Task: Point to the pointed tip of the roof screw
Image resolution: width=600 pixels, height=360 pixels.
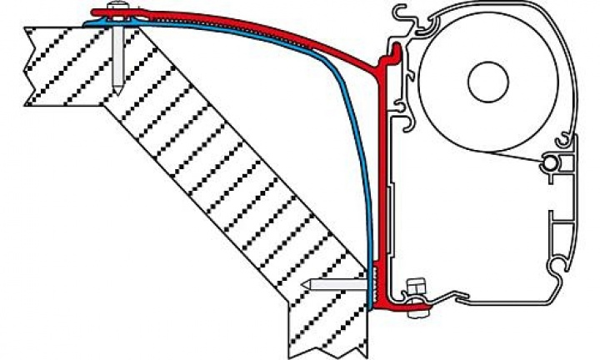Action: click(x=117, y=87)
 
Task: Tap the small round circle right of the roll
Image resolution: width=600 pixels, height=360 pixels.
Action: click(x=550, y=162)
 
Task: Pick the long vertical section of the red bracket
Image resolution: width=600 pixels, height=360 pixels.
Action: click(x=382, y=167)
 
